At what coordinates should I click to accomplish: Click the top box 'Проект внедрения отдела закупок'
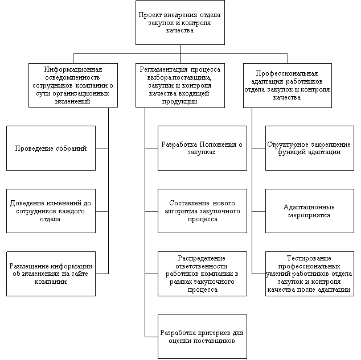tap(180, 23)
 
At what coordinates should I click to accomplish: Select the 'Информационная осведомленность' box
tap(73, 85)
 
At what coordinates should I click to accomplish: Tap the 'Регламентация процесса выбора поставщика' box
tap(180, 85)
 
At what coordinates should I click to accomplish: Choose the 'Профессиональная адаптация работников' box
tap(288, 85)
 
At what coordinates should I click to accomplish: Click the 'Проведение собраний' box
tap(51, 148)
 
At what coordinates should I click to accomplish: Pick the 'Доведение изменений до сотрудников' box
tap(51, 211)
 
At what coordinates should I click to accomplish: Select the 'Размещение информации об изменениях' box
tap(51, 274)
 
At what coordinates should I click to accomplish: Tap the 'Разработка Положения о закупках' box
tap(202, 148)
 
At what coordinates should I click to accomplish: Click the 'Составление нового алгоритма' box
tap(202, 211)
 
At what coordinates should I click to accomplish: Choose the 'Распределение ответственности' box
tap(202, 274)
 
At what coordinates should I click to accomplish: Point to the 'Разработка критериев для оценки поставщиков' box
tap(202, 337)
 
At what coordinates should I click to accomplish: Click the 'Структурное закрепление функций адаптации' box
tap(310, 148)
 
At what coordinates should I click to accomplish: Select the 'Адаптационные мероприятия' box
tap(310, 211)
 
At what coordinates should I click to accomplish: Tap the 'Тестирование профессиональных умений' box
tap(310, 274)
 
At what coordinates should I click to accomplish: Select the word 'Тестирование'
tap(309, 258)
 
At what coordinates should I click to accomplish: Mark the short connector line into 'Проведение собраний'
tap(102, 148)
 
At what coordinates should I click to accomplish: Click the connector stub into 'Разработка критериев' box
tap(151, 337)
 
